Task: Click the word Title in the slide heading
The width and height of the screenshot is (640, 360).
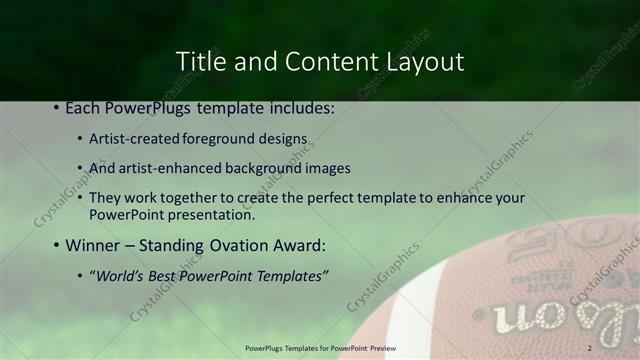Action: coord(200,61)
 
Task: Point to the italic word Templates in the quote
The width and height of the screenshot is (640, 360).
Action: coord(290,275)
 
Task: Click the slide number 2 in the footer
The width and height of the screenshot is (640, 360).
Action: coord(590,348)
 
